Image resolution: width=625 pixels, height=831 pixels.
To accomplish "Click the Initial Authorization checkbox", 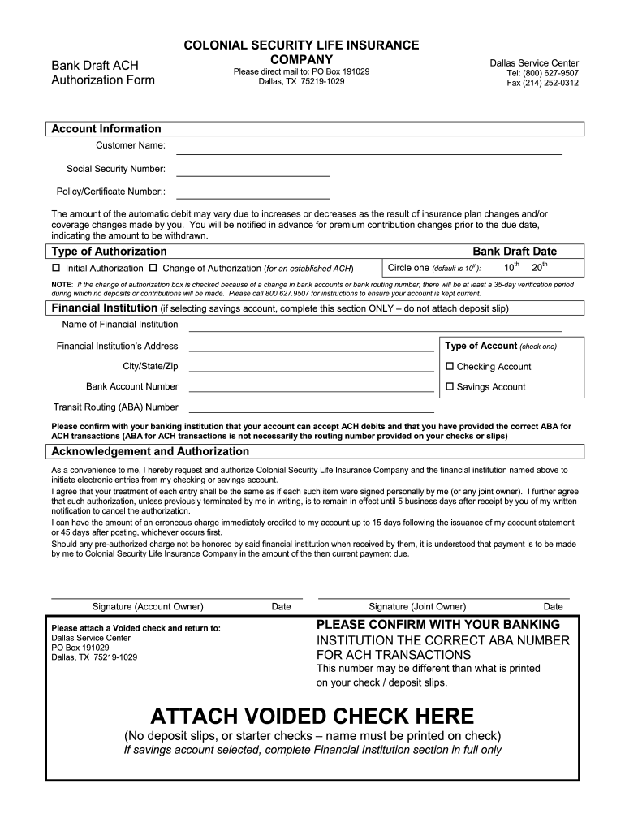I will pyautogui.click(x=56, y=269).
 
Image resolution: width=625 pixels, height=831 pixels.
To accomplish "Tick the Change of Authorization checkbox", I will pyautogui.click(x=153, y=269).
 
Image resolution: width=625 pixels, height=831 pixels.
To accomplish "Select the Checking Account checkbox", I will pyautogui.click(x=450, y=367).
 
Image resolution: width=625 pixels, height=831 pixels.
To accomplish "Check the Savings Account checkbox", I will pyautogui.click(x=450, y=387).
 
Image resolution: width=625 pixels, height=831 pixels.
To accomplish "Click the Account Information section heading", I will pyautogui.click(x=106, y=129).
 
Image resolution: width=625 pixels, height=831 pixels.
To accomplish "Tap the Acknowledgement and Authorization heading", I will pyautogui.click(x=150, y=451).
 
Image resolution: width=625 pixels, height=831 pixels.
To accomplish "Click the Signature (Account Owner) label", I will pyautogui.click(x=148, y=606).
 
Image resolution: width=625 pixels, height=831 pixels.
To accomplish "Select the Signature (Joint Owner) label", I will pyautogui.click(x=417, y=606).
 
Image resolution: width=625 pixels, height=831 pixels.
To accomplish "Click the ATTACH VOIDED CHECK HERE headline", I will pyautogui.click(x=312, y=717).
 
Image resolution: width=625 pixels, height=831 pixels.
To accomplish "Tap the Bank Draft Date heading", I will pyautogui.click(x=515, y=252).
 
